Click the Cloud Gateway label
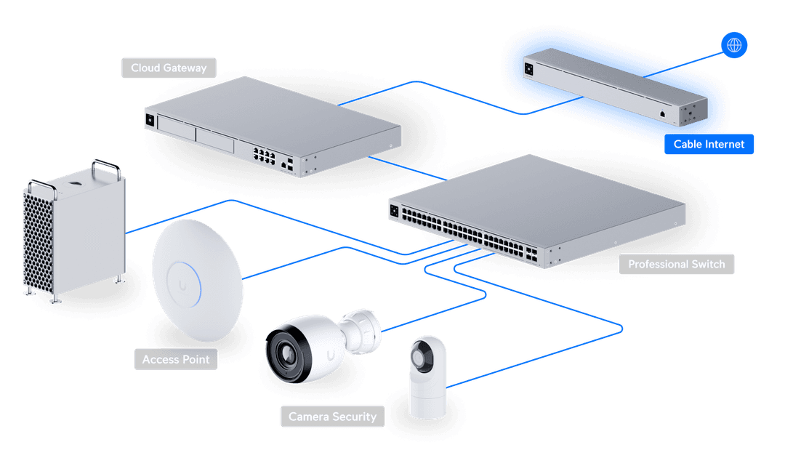point(169,68)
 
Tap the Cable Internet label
point(709,144)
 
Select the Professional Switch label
point(676,264)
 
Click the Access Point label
point(176,359)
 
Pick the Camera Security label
point(332,417)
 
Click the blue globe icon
point(734,46)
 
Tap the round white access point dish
point(197,279)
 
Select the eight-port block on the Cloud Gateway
point(262,155)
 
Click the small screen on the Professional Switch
point(395,212)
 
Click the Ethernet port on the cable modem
point(663,113)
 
